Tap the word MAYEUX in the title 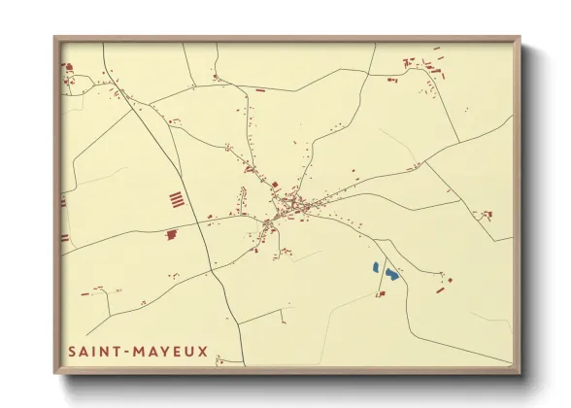click(174, 351)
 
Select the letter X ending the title click(202, 351)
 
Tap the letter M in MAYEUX click(144, 351)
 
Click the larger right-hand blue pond click(389, 275)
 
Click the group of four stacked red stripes click(176, 200)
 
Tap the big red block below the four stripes click(171, 234)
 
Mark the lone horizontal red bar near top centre click(259, 89)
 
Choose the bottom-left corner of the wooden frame click(55, 373)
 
